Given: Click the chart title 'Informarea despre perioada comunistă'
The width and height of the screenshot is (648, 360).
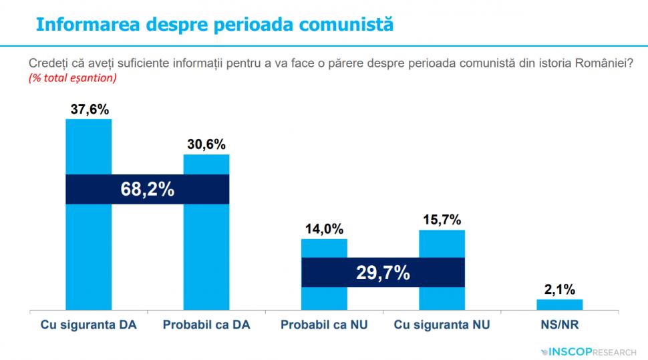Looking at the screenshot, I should click(214, 25).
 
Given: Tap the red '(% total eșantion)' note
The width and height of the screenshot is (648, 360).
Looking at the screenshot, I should click(73, 78).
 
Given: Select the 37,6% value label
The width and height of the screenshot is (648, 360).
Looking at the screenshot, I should click(88, 110).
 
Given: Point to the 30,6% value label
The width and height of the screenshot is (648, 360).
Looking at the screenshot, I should click(206, 144).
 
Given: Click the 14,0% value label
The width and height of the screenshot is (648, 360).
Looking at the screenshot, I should click(324, 229).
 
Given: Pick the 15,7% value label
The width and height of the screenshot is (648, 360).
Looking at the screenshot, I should click(442, 220).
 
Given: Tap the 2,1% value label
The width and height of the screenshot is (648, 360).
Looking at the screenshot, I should click(559, 289).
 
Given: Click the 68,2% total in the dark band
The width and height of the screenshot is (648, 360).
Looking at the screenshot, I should click(147, 190).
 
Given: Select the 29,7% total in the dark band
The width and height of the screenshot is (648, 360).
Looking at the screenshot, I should click(383, 273).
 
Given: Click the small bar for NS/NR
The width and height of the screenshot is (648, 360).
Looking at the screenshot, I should click(559, 305).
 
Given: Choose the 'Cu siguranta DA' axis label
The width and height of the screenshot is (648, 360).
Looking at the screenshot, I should click(88, 326).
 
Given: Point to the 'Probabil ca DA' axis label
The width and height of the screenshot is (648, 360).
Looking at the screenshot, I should click(206, 326).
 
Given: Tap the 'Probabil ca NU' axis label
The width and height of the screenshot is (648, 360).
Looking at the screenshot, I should click(324, 326).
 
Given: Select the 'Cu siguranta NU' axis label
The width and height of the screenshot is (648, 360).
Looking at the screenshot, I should click(442, 326).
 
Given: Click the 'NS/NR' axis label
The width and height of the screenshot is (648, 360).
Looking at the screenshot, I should click(559, 326).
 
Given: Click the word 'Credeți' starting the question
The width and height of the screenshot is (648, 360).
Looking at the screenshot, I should click(47, 63).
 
